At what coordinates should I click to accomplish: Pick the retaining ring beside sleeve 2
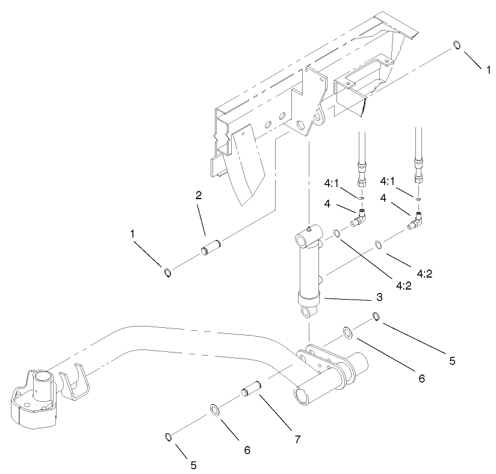[168, 273]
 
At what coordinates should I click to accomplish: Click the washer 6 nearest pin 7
[215, 410]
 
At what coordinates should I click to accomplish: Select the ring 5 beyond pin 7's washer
[169, 436]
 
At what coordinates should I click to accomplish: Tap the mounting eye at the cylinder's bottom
[308, 313]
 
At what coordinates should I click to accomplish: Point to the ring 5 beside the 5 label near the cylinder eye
[375, 317]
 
